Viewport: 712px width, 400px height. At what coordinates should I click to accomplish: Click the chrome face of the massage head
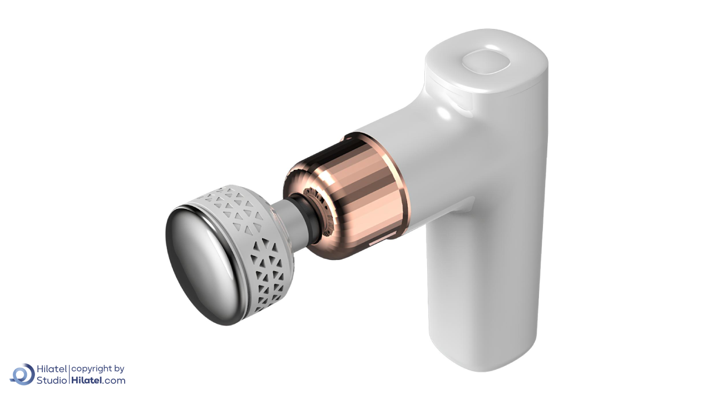click(x=204, y=265)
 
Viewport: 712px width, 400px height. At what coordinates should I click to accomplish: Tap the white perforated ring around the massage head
click(x=264, y=254)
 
